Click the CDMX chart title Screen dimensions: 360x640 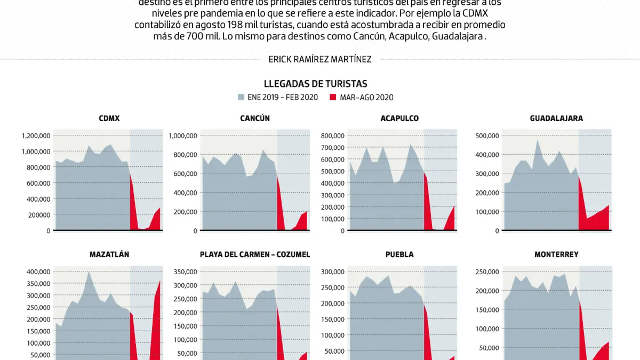click(109, 118)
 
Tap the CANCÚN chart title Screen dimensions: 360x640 click(255, 118)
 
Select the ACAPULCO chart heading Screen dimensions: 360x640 click(399, 118)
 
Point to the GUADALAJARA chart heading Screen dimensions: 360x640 click(556, 118)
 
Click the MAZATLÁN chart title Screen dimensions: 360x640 click(109, 254)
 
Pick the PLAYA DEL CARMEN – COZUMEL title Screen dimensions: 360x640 click(255, 254)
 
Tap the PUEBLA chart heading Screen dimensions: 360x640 click(400, 254)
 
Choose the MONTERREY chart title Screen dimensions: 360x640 click(556, 254)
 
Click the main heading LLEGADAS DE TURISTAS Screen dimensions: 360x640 click(316, 84)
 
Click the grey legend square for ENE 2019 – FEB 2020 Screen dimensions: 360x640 click(241, 97)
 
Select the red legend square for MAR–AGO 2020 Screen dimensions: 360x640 click(333, 97)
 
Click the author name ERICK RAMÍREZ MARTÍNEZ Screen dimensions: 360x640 click(320, 60)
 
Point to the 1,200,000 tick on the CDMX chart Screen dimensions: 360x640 click(36, 135)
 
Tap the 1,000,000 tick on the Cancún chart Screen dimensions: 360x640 click(183, 135)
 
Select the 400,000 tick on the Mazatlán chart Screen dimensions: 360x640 click(38, 271)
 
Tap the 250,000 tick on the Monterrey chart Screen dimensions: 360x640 click(486, 271)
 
